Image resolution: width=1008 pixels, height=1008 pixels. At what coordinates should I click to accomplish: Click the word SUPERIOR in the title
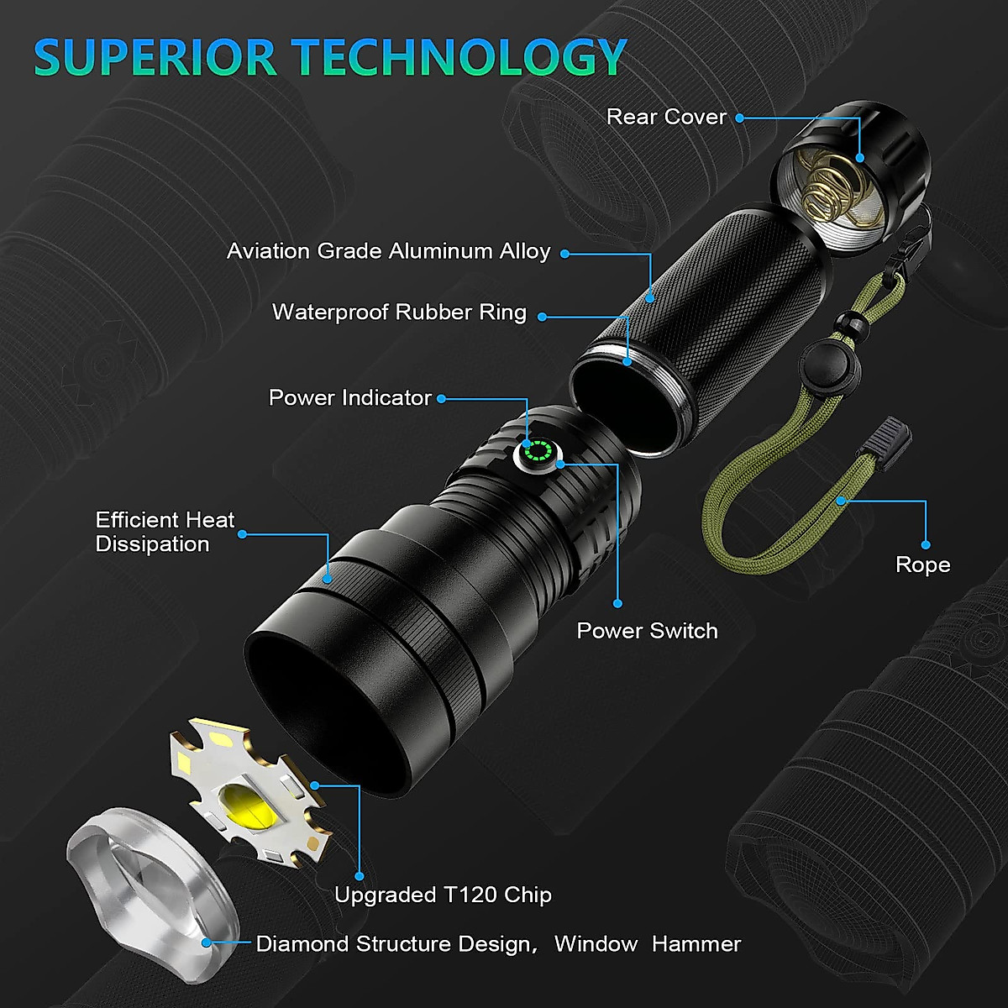(x=155, y=57)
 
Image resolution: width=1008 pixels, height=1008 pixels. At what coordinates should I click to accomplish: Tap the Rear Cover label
(x=666, y=117)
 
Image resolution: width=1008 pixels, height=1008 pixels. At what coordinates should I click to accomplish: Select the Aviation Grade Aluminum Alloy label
(x=388, y=251)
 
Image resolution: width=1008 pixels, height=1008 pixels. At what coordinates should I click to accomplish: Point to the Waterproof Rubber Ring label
(x=399, y=312)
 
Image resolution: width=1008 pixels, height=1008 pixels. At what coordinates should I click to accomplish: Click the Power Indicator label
(x=349, y=398)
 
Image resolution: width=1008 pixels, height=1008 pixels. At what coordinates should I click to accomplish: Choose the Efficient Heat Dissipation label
(x=165, y=532)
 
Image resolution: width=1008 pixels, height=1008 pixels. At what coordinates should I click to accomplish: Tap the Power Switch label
(x=647, y=631)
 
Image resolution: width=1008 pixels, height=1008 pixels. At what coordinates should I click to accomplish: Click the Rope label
(x=922, y=564)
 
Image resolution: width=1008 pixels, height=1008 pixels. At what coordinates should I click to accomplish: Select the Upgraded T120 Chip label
(x=443, y=895)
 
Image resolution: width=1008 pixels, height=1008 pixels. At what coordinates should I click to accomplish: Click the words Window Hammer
(x=647, y=944)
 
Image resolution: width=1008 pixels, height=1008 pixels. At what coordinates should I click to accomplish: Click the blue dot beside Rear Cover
(x=740, y=118)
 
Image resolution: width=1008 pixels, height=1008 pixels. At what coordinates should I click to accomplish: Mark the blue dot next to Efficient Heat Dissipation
(x=243, y=533)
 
